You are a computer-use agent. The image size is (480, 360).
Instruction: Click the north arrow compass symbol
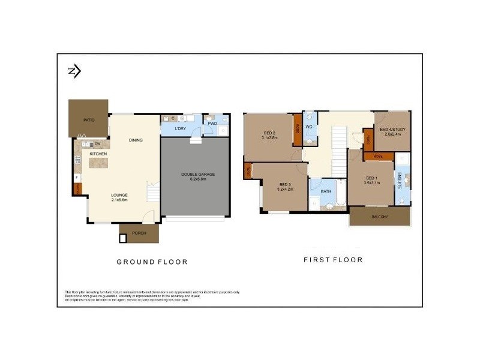point(74,71)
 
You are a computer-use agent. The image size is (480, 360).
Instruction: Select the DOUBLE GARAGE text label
point(197,175)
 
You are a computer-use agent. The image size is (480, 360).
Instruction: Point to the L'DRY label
point(179,129)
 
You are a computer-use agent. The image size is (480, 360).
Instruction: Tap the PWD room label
point(212,124)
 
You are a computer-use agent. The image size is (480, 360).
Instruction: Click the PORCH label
point(139,234)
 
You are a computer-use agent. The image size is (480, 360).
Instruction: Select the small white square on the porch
point(123,238)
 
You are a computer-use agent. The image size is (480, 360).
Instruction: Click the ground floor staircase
point(154,193)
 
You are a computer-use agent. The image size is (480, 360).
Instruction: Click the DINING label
point(136,140)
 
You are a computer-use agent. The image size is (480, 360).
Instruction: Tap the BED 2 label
point(269,133)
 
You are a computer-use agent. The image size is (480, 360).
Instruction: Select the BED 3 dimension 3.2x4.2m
point(286,190)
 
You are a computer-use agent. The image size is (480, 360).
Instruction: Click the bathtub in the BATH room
point(340,195)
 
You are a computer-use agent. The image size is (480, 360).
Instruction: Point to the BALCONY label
point(379,216)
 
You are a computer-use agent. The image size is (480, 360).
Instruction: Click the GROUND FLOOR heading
point(152,262)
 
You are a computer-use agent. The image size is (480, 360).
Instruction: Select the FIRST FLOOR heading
point(333,260)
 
